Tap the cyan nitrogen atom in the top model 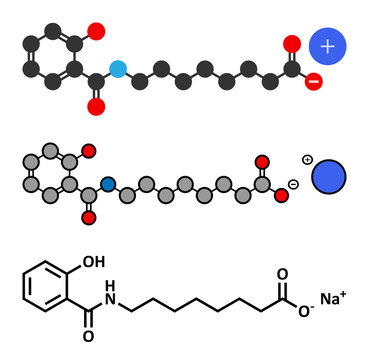pyautogui.click(x=119, y=69)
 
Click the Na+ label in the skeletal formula pyautogui.click(x=333, y=298)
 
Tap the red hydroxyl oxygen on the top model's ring pyautogui.click(x=95, y=32)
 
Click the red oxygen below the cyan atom pyautogui.click(x=97, y=104)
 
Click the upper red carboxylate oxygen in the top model pyautogui.click(x=291, y=43)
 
